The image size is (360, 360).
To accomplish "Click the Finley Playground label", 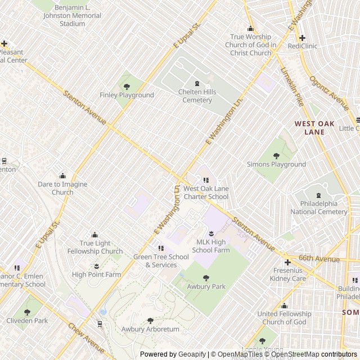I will point(127,95).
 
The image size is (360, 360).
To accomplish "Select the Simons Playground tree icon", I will point(276,156).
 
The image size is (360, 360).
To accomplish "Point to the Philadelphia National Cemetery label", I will point(319,208).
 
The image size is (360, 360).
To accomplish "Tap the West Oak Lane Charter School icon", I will point(206,180).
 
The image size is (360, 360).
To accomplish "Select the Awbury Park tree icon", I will point(206,278).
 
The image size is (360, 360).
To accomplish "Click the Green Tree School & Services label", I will point(161,261).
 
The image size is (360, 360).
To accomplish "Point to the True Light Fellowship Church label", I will point(94,247).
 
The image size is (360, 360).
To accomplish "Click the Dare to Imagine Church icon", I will point(62,176).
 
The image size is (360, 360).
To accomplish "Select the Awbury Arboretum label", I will point(150,329).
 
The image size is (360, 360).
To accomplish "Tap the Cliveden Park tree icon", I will point(27,312).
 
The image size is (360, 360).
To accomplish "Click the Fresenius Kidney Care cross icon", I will point(287,262).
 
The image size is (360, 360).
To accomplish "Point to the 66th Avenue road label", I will point(318,258).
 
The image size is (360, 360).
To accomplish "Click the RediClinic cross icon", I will point(302,38).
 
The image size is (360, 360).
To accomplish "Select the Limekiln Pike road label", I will point(292,87).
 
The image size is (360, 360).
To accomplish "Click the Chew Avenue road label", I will point(87,337).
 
